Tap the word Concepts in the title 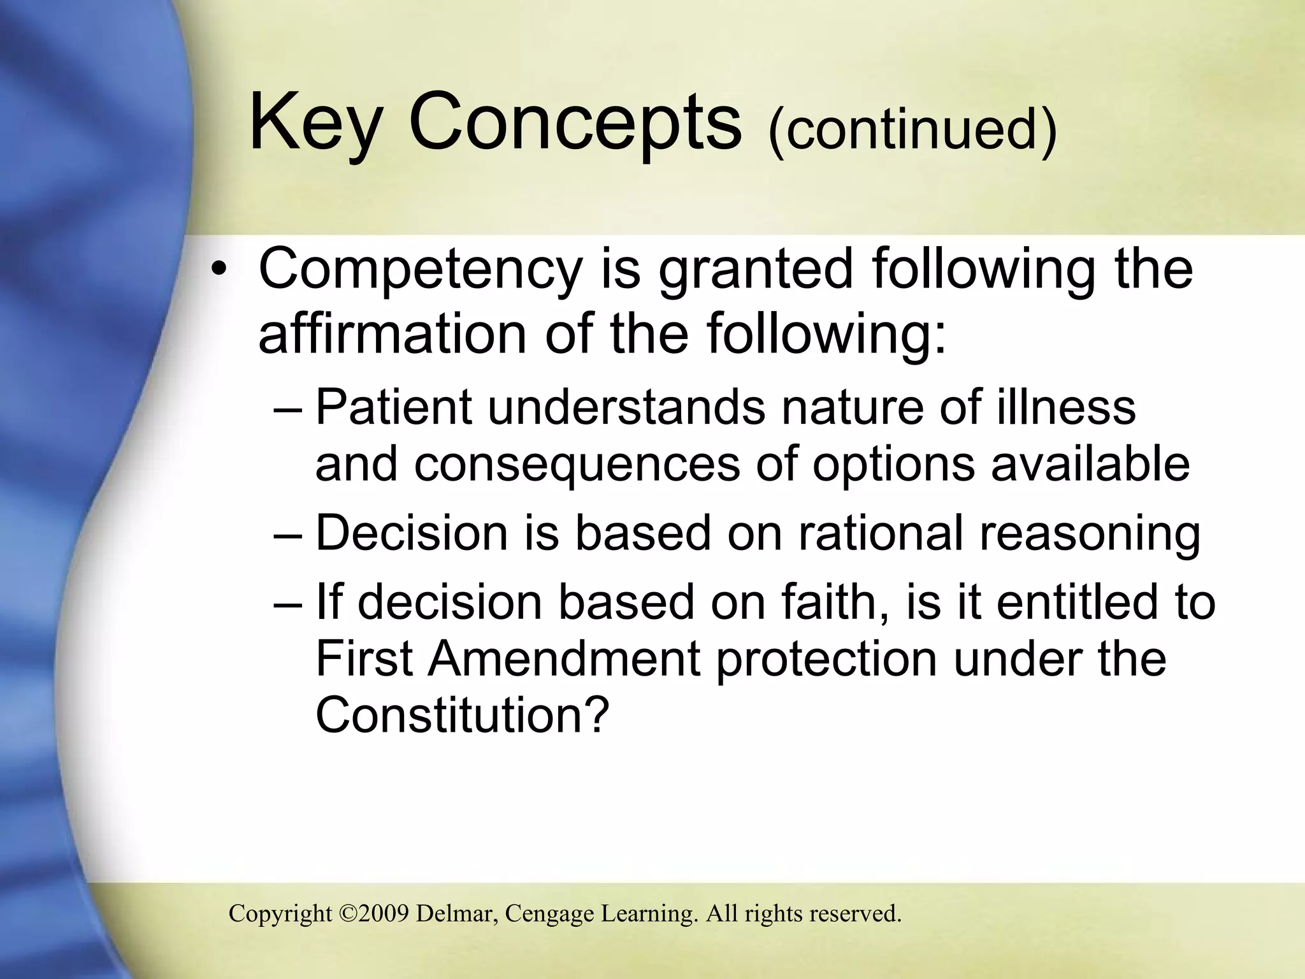coord(575,123)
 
